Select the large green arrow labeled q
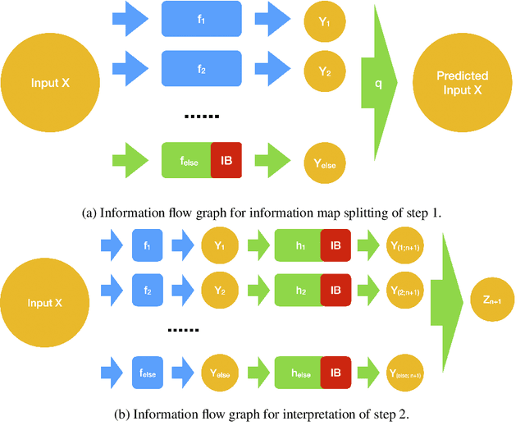pos(379,82)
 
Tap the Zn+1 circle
pos(492,300)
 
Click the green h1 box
pos(297,244)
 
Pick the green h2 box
pos(297,289)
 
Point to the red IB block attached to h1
pos(335,244)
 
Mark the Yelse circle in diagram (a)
pos(323,163)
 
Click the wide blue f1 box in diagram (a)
pos(202,19)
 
